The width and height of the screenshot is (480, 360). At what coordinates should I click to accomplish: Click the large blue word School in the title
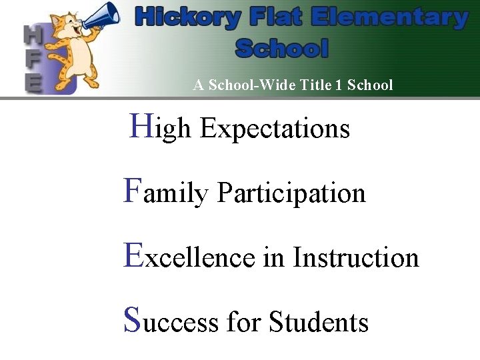click(282, 48)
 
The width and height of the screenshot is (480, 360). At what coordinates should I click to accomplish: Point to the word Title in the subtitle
click(321, 85)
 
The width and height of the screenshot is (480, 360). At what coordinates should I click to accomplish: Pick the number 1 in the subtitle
click(343, 85)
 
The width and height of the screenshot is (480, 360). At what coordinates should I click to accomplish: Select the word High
click(160, 127)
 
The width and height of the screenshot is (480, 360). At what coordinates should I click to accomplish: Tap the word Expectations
click(275, 128)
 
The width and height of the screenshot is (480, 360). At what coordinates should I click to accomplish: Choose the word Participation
click(291, 193)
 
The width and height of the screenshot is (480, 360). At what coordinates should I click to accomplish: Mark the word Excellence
click(189, 257)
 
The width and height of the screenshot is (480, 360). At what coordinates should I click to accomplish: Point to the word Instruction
click(355, 257)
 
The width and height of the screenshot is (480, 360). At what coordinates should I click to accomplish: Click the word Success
click(171, 321)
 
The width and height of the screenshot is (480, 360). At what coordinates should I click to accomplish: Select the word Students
click(319, 322)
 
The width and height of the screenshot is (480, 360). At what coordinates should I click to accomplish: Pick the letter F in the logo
click(32, 58)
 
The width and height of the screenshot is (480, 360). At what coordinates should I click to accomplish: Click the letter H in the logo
click(31, 35)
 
